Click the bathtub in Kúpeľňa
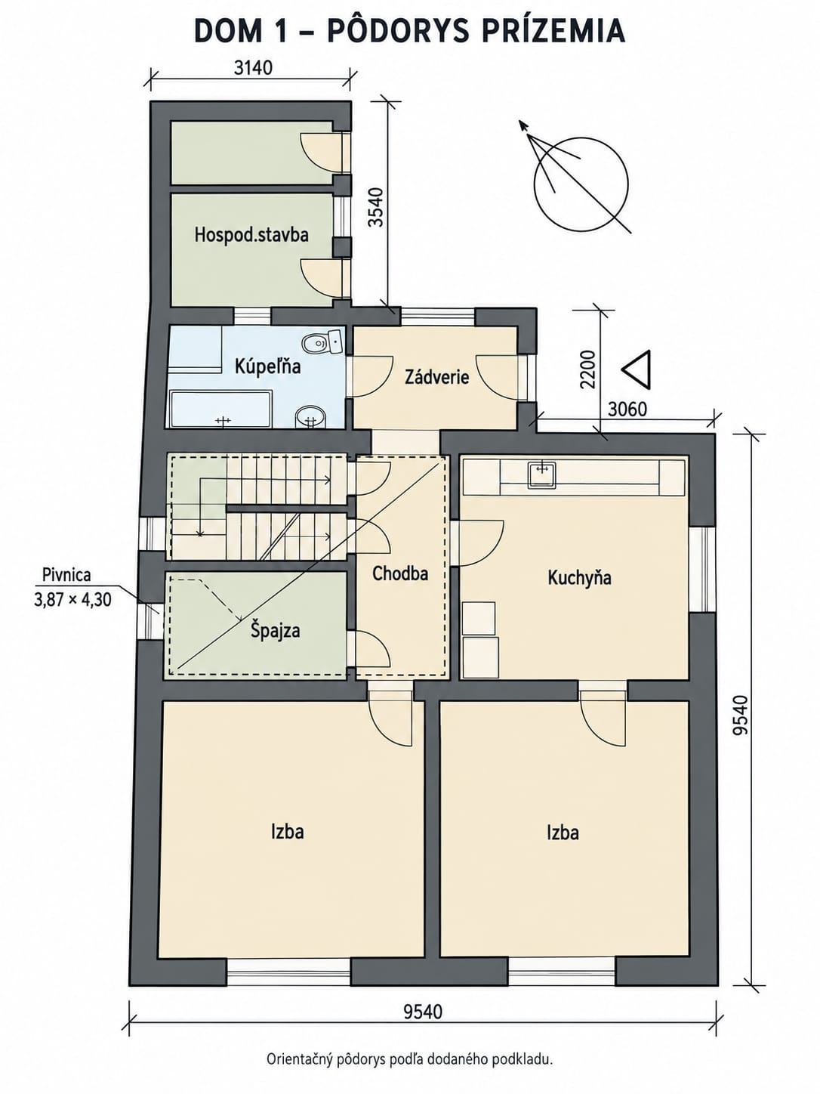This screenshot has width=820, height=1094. click(221, 409)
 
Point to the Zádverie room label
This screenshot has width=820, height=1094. click(436, 377)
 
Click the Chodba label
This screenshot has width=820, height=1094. click(400, 573)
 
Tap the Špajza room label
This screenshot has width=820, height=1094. click(275, 630)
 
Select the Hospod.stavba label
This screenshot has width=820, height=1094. click(251, 234)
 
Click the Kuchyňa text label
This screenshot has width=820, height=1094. click(580, 578)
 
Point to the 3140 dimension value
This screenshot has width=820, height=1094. click(254, 67)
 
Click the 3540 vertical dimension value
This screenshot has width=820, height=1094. click(378, 207)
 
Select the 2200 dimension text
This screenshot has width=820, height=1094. click(588, 369)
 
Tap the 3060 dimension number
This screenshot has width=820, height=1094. click(627, 409)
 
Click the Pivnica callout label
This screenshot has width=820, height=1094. click(66, 575)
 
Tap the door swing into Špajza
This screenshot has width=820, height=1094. click(372, 648)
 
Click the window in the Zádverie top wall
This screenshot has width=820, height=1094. click(438, 316)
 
